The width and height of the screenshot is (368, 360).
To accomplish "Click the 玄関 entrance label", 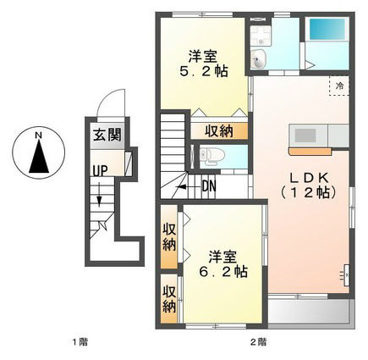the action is pos(107,135).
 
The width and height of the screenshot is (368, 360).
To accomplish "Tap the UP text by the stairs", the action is pos(100,171).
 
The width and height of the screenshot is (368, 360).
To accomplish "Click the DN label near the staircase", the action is pos(209,186).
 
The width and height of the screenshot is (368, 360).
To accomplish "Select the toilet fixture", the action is pos(211,157).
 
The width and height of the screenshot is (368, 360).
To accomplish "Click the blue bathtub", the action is pos(327,29).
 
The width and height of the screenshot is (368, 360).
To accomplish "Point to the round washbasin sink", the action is pos(258,59).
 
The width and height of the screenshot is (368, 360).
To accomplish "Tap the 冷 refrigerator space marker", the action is pos(340,86).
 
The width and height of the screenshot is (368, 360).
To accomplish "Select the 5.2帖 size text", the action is pos(204,71).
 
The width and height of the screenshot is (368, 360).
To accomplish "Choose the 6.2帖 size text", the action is pos(223,272).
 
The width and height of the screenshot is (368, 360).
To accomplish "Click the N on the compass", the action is pos(38,136).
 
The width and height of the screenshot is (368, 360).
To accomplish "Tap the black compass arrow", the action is pos(39,156).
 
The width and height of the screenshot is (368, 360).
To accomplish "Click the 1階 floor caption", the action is pos(80,342).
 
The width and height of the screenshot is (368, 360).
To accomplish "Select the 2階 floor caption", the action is pos(258,342).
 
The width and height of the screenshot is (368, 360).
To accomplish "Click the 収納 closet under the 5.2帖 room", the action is pos(219,131).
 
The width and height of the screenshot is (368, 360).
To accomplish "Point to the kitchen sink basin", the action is pos(305,136).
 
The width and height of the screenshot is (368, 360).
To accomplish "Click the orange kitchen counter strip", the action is pos(310,152).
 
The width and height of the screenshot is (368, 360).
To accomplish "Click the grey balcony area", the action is pos(310,312).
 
